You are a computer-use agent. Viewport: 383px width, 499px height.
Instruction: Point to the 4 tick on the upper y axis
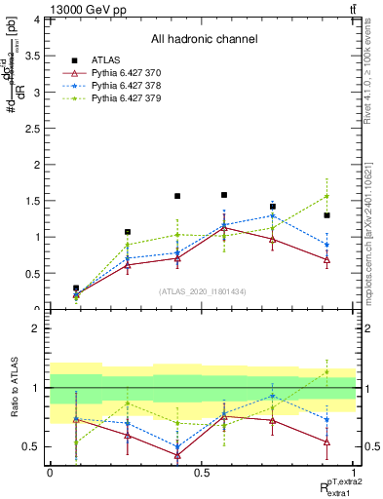(36, 19)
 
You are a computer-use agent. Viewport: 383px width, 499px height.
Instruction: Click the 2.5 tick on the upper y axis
(32, 128)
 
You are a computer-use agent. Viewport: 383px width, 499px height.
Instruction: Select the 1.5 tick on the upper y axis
(32, 201)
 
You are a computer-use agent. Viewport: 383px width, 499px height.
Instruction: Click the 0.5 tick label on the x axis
(202, 473)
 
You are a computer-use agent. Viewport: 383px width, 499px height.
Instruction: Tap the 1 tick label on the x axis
(355, 473)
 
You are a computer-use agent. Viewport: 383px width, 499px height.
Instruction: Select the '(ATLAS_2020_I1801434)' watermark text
(203, 291)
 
